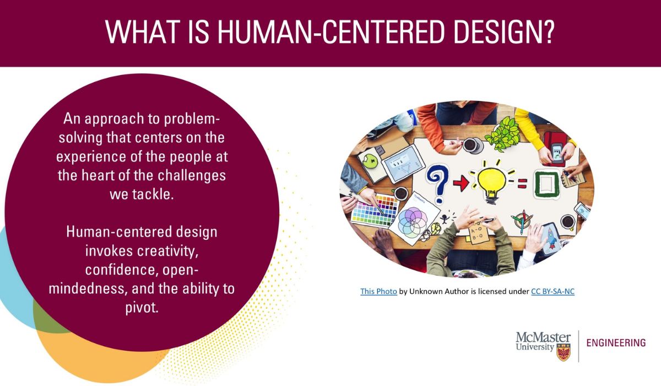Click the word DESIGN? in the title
pos(504,32)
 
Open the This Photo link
pos(378,292)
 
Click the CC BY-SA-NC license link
pos(552,292)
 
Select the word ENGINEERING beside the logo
pos(616,343)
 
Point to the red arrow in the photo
pos(460,183)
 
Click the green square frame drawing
pos(548,184)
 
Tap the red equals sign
pos(522,184)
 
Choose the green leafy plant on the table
pos(503,133)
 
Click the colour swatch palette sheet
pos(375,210)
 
